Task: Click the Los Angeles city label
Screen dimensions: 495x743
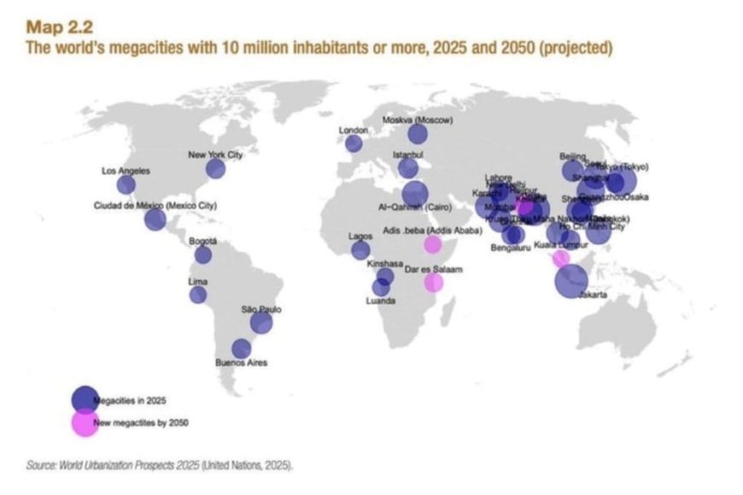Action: (126, 172)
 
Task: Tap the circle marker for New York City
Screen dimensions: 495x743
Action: (215, 169)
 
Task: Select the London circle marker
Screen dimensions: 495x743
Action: (354, 143)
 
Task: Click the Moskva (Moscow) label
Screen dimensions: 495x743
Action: (418, 120)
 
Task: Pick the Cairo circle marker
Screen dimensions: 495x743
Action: (414, 194)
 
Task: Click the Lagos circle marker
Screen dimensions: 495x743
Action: (360, 250)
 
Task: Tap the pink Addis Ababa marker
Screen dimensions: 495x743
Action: (432, 244)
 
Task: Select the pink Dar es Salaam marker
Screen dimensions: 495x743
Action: (434, 282)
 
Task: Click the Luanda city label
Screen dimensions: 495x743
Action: (380, 301)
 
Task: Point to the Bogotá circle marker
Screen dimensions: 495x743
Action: (203, 254)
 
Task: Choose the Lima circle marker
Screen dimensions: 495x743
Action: (198, 295)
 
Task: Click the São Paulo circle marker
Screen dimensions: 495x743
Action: (260, 323)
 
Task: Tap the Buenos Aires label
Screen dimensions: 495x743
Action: (241, 364)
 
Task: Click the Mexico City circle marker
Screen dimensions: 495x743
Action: (155, 220)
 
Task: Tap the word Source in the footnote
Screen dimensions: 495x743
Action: (40, 466)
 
